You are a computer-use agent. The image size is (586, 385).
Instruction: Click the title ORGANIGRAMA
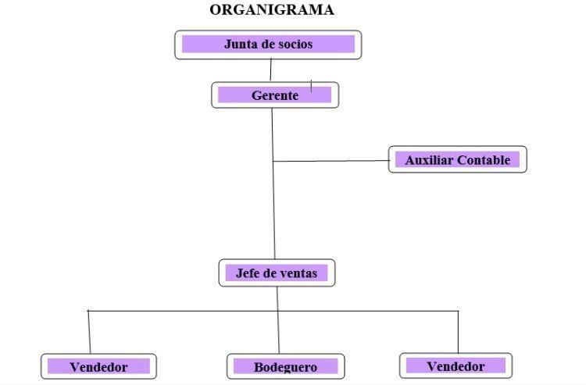(x=271, y=10)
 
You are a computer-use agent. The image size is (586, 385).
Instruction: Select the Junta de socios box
(x=268, y=45)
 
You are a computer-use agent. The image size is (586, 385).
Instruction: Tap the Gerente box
(x=275, y=95)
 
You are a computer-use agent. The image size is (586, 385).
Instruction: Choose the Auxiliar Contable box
(x=457, y=160)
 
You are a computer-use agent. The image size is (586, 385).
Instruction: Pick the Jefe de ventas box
(x=277, y=273)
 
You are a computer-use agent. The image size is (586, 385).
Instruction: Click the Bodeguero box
(x=285, y=366)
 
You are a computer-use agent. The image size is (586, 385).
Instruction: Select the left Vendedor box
(x=98, y=366)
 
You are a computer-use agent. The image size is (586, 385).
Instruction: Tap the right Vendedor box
(x=456, y=365)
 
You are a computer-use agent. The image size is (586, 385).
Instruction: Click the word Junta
(x=240, y=45)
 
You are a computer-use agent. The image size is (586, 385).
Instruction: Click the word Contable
(x=484, y=160)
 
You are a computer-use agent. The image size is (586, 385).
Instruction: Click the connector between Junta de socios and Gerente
(x=271, y=70)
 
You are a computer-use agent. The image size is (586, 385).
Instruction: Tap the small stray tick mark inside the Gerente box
(x=311, y=85)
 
